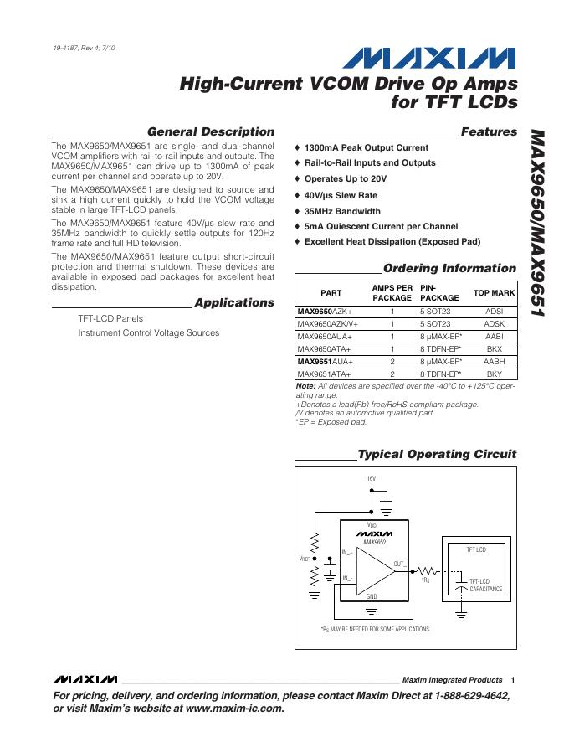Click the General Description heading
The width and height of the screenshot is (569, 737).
(x=210, y=131)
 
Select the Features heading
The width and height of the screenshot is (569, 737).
(x=489, y=131)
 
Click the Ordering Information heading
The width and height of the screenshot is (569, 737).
(x=449, y=268)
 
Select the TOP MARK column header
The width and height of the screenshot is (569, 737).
(x=494, y=293)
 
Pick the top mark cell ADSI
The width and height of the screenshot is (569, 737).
(x=494, y=311)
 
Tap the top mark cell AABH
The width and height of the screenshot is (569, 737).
(x=494, y=361)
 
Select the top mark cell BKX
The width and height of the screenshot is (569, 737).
(x=494, y=348)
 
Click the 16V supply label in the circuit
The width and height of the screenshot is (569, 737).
(x=372, y=478)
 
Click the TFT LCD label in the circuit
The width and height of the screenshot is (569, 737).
(x=475, y=549)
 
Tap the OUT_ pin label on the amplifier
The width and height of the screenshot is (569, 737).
(x=399, y=564)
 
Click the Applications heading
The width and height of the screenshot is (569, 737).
(x=233, y=302)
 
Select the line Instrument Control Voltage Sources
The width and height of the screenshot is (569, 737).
(x=149, y=332)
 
